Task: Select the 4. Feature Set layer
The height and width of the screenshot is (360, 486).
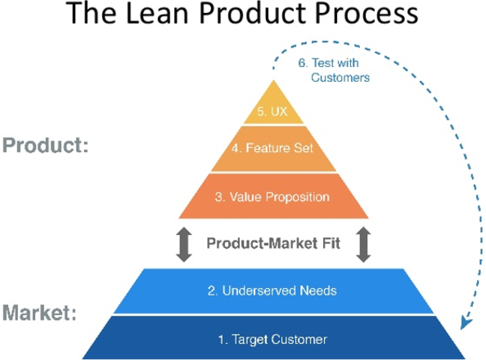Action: click(273, 148)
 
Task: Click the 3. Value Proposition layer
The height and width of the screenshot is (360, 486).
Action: click(273, 197)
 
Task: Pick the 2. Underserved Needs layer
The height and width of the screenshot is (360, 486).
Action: click(273, 291)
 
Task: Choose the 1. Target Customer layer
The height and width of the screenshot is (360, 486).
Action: click(273, 339)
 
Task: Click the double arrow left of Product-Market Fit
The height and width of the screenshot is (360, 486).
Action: click(184, 244)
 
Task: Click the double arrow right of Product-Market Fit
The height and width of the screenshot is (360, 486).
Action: click(364, 244)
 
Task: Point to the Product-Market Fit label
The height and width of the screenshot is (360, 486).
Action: click(273, 243)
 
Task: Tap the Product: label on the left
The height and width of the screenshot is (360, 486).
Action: click(45, 146)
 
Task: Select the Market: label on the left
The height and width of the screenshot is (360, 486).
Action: click(40, 312)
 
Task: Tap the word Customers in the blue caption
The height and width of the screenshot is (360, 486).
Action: click(340, 77)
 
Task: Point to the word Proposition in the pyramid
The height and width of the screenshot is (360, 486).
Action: click(298, 197)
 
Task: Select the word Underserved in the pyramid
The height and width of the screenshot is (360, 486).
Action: click(259, 291)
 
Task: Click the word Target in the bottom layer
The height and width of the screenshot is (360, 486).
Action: click(249, 339)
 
